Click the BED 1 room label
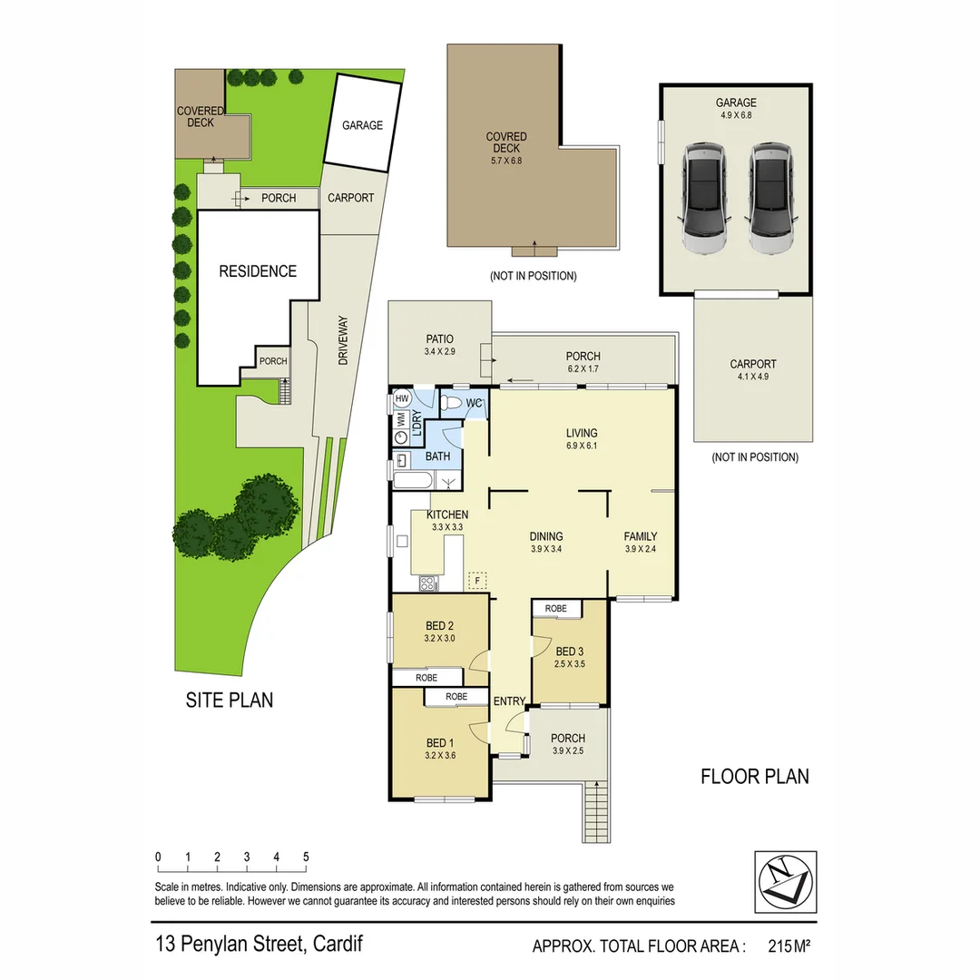pyautogui.click(x=439, y=743)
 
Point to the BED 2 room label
pyautogui.click(x=439, y=626)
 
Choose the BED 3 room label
pyautogui.click(x=570, y=652)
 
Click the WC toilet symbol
pyautogui.click(x=451, y=402)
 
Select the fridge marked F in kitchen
pyautogui.click(x=476, y=578)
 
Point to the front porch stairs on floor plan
pyautogui.click(x=595, y=812)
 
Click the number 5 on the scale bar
pyautogui.click(x=306, y=857)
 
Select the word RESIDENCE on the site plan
pyautogui.click(x=258, y=271)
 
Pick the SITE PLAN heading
pyautogui.click(x=229, y=700)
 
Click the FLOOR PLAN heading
pyautogui.click(x=754, y=777)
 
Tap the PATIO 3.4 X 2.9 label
pyautogui.click(x=439, y=345)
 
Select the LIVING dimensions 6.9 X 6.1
pyautogui.click(x=582, y=446)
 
